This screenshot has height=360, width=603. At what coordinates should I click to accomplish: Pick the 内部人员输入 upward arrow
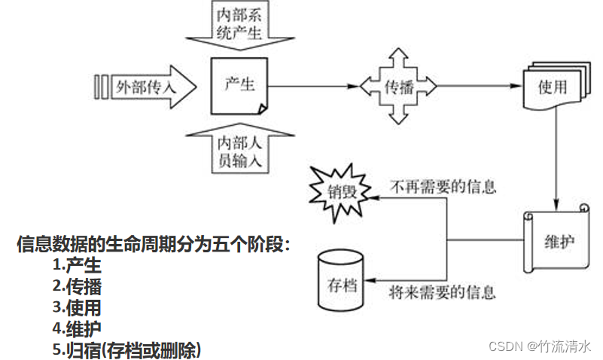click(x=240, y=148)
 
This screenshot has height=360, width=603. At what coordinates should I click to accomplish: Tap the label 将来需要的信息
click(x=444, y=290)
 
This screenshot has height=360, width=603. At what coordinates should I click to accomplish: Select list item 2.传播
click(x=77, y=286)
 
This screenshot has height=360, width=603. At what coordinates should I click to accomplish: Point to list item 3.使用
click(x=77, y=307)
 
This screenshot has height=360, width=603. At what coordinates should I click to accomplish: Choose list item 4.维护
click(x=77, y=328)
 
